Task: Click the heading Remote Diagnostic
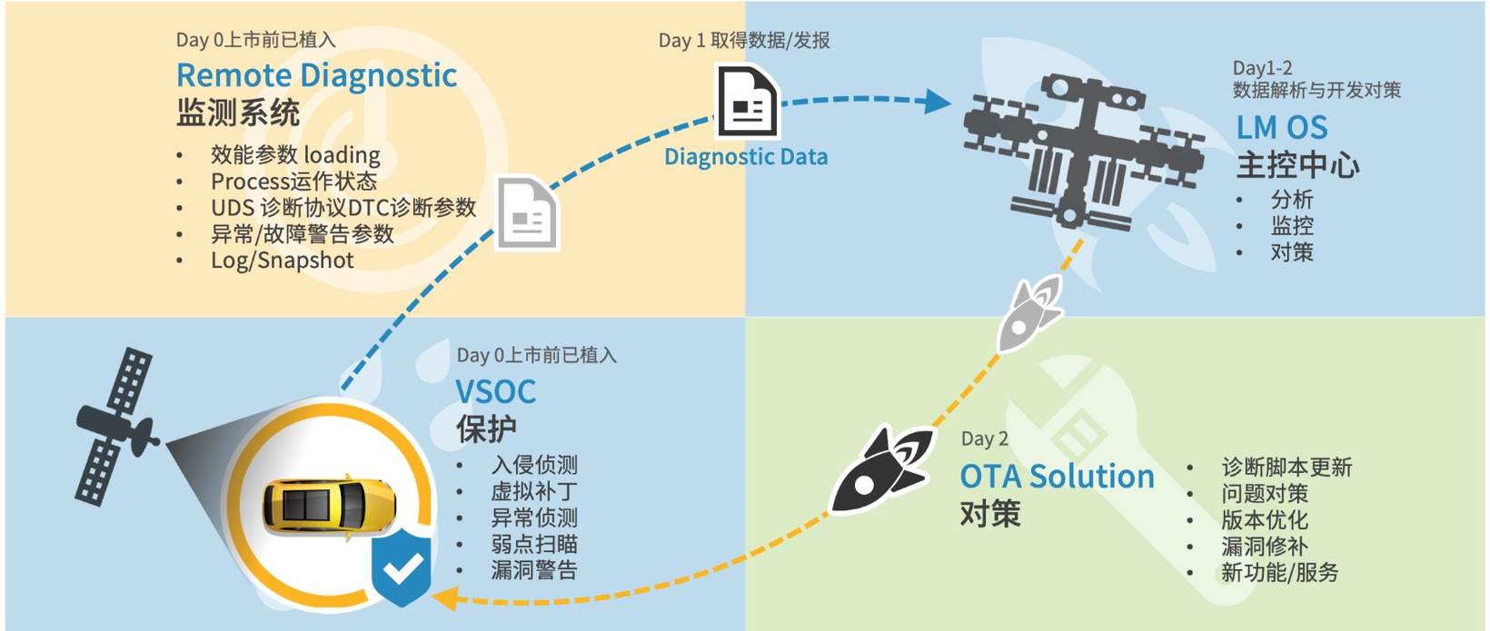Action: [x=316, y=75]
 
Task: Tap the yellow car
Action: [x=329, y=505]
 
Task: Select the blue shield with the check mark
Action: [x=401, y=567]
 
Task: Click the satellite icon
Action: [x=115, y=426]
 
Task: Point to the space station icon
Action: [x=1084, y=153]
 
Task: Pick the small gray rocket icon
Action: [x=1028, y=314]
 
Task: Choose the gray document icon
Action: [x=528, y=212]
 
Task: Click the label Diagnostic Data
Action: [x=746, y=157]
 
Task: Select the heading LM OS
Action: [x=1282, y=128]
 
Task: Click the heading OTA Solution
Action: [x=1057, y=477]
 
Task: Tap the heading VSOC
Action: [x=495, y=391]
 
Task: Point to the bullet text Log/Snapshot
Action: [x=282, y=260]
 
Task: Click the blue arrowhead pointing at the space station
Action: [x=938, y=103]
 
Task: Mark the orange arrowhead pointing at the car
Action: [x=444, y=596]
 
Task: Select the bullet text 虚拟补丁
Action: [x=534, y=491]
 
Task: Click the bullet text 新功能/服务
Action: [x=1279, y=573]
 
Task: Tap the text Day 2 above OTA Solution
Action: [x=985, y=439]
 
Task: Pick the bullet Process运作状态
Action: [x=293, y=182]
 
